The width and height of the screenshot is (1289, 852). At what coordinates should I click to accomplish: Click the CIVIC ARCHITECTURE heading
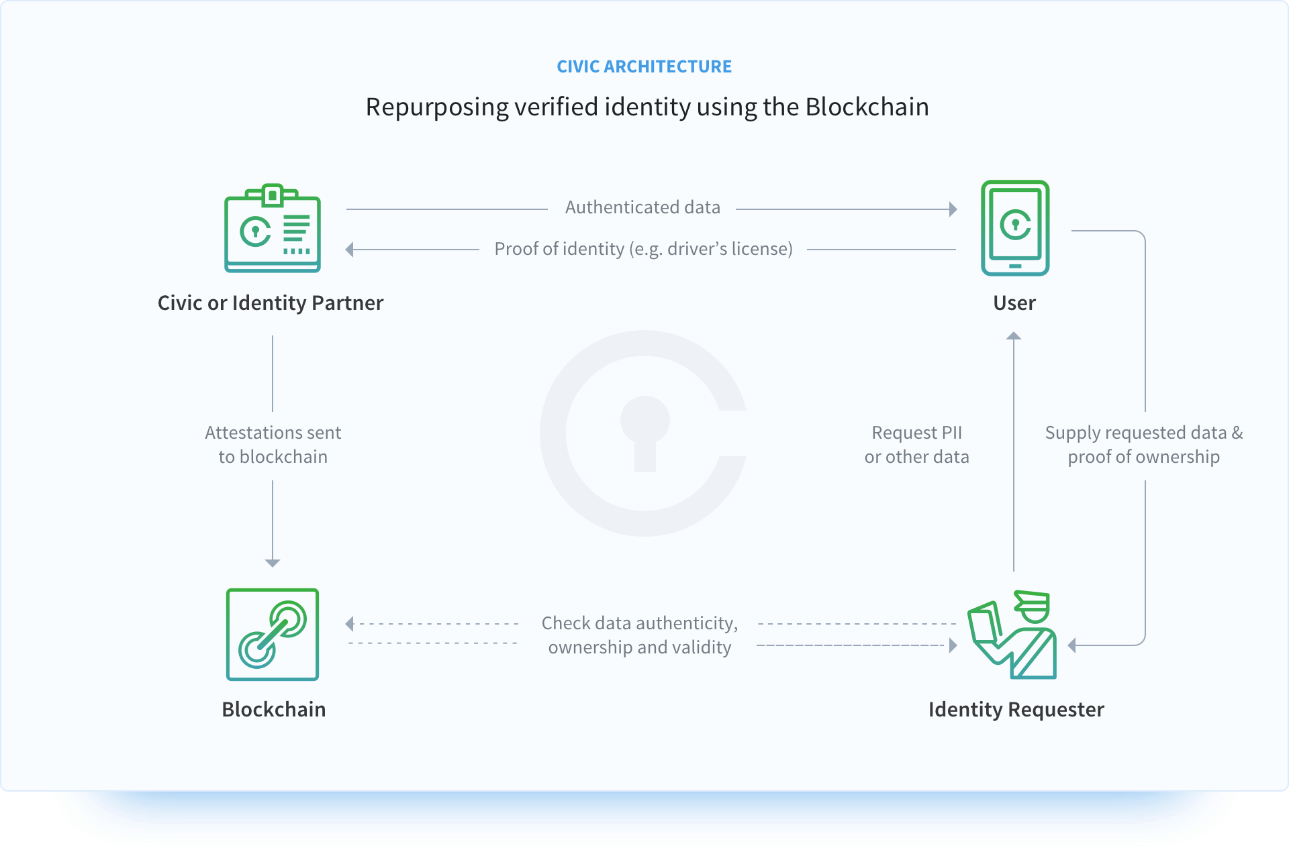[x=644, y=66]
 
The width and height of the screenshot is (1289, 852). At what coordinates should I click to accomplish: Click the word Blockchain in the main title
[x=867, y=107]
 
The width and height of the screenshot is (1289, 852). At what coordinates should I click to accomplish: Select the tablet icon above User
[x=1014, y=228]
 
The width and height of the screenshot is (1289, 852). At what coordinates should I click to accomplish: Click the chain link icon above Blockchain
[x=272, y=634]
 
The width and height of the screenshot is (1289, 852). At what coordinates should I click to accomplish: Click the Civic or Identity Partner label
[x=271, y=303]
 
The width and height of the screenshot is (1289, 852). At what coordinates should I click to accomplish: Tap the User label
[x=1014, y=303]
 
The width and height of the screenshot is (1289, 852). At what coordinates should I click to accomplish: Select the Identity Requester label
[x=1016, y=709]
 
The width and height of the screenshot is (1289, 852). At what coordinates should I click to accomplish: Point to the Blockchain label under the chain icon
[x=273, y=709]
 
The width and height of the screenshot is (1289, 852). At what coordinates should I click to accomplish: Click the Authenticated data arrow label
[x=642, y=207]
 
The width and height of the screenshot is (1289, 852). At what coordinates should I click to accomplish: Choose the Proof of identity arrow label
[x=643, y=249]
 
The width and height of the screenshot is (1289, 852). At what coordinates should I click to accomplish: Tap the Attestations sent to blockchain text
[x=273, y=445]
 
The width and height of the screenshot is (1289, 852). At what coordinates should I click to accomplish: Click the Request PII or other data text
[x=916, y=445]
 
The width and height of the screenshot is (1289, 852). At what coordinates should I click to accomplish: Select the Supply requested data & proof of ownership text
[x=1143, y=445]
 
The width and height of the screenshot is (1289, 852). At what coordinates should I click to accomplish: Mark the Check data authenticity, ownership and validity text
[x=639, y=635]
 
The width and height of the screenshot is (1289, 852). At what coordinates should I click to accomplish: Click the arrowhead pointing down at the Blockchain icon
[x=273, y=563]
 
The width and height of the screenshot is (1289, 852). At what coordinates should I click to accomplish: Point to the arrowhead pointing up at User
[x=1014, y=336]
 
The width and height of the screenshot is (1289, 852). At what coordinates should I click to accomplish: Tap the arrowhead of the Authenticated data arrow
[x=953, y=209]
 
